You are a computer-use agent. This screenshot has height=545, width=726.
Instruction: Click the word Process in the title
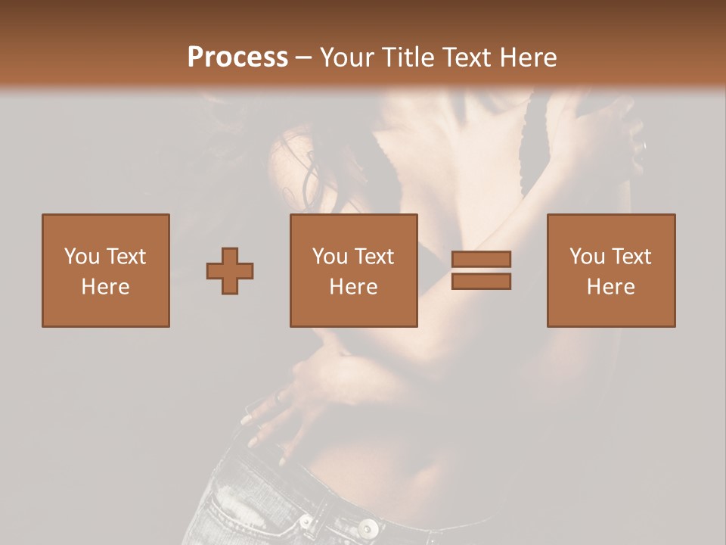(237, 58)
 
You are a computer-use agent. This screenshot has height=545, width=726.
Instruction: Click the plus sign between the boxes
(230, 271)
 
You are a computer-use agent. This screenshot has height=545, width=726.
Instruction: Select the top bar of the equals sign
(481, 259)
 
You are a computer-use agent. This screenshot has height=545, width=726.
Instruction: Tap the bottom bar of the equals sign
(481, 282)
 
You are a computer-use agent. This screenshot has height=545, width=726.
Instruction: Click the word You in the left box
(81, 257)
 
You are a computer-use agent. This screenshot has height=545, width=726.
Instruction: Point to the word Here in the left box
(105, 287)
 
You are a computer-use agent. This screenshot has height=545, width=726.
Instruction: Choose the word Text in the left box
(125, 257)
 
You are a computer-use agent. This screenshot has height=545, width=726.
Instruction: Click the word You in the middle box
(330, 257)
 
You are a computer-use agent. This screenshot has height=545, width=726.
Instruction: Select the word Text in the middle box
(374, 257)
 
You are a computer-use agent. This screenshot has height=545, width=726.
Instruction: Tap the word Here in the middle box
(353, 287)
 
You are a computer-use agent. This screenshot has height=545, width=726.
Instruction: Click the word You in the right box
(587, 257)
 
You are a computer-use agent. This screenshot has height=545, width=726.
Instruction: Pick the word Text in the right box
(631, 257)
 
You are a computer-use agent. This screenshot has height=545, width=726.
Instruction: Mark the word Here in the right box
(610, 287)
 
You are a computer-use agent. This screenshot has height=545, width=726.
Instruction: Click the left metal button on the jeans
(306, 522)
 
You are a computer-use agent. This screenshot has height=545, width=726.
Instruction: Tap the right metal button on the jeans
(368, 527)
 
